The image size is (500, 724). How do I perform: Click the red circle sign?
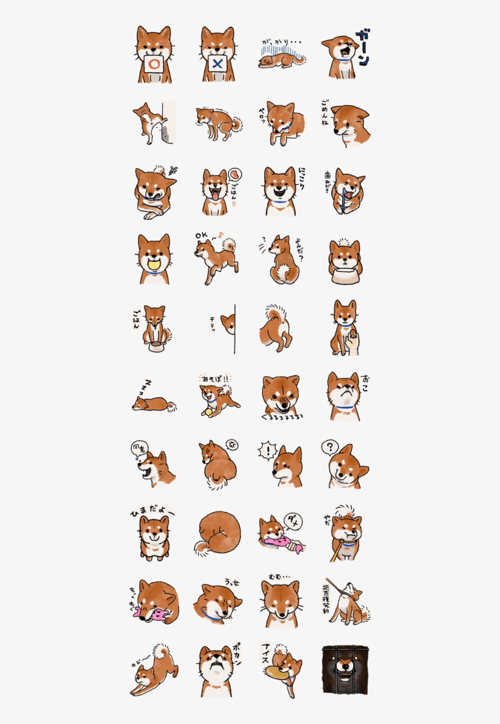(154, 64)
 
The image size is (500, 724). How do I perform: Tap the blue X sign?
(218, 64)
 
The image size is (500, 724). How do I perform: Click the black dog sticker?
(345, 670)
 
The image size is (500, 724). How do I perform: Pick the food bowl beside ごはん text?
(156, 347)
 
